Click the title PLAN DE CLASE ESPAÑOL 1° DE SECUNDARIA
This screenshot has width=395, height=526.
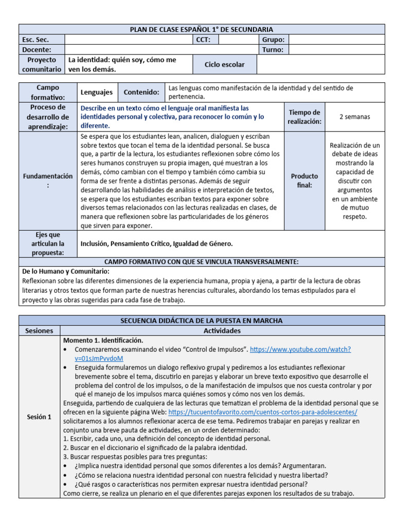pyautogui.click(x=202, y=29)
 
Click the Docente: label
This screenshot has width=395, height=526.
pyautogui.click(x=37, y=50)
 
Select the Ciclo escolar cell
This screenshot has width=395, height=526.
pyautogui.click(x=224, y=65)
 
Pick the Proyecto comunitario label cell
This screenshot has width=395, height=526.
pyautogui.click(x=42, y=65)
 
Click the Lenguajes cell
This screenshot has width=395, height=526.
pyautogui.click(x=97, y=92)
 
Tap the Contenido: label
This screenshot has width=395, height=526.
pyautogui.click(x=141, y=92)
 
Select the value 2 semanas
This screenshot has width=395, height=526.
pyautogui.click(x=354, y=117)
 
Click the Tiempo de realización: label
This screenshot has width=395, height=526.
pyautogui.click(x=304, y=117)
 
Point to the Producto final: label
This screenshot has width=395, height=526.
pyautogui.click(x=304, y=180)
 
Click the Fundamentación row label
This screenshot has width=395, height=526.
pyautogui.click(x=48, y=180)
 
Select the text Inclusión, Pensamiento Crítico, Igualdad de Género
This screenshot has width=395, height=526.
pyautogui.click(x=156, y=243)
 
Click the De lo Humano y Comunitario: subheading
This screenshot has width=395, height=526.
pyautogui.click(x=66, y=271)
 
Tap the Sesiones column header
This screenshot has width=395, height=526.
pyautogui.click(x=39, y=330)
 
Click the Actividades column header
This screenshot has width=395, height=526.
pyautogui.click(x=222, y=330)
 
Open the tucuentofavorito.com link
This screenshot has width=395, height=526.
pyautogui.click(x=262, y=412)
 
